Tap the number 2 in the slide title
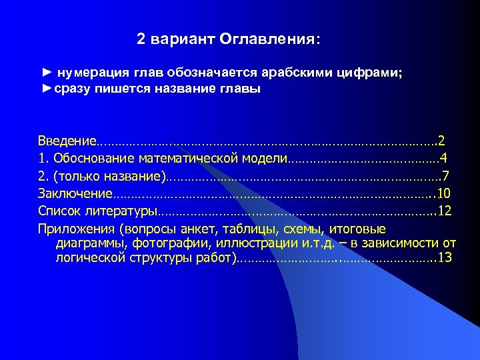141,39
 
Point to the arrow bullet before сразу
47,89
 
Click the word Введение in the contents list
67,141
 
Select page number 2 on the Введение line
441,141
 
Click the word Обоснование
96,159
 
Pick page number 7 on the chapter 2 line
445,177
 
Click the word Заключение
75,194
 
